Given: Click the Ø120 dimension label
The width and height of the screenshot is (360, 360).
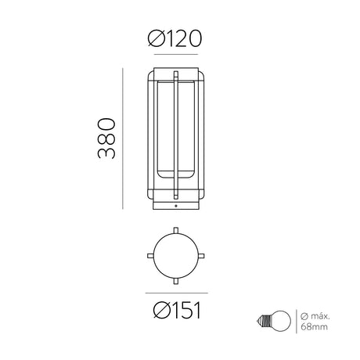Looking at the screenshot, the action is click(x=175, y=38).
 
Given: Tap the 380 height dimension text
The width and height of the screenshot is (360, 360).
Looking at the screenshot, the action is click(x=106, y=139).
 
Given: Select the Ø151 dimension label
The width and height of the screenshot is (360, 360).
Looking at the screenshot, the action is click(x=178, y=310).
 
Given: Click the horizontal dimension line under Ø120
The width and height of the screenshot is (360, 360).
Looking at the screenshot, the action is click(x=176, y=55).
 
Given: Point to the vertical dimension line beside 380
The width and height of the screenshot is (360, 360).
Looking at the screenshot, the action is click(x=123, y=139).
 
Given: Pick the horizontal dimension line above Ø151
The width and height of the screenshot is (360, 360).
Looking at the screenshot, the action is click(x=177, y=293).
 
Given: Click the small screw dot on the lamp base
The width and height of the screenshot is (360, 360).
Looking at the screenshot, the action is click(x=176, y=206).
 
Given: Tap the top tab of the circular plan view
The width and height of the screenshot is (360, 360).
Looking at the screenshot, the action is click(x=176, y=230).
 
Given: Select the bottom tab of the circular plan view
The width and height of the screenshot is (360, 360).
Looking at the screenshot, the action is click(x=176, y=281).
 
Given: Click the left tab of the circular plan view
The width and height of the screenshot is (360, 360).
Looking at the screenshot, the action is click(x=150, y=256).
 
